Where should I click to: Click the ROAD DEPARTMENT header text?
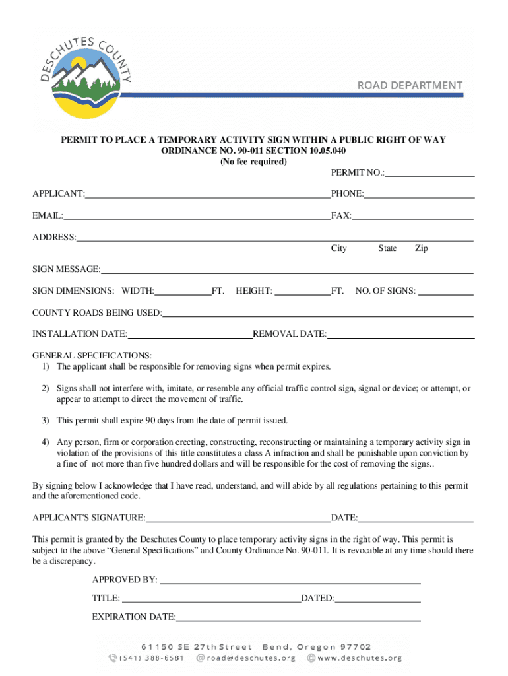(x=410, y=85)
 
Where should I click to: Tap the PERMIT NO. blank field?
(x=430, y=173)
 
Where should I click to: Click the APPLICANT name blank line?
(x=207, y=193)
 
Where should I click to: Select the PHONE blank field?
(x=420, y=193)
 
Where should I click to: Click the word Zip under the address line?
(x=422, y=248)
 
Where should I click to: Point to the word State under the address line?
(x=387, y=248)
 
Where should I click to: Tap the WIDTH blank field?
(x=183, y=291)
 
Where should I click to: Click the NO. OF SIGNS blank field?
(x=446, y=291)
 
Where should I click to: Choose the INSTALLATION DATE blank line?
(x=190, y=334)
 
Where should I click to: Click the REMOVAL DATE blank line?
(x=400, y=334)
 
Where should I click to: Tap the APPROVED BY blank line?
(x=290, y=580)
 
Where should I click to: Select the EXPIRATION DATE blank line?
(x=298, y=617)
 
